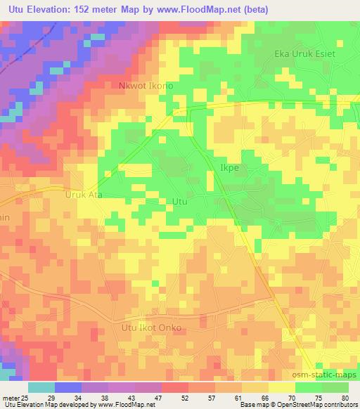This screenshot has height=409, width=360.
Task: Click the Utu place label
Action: (179, 201)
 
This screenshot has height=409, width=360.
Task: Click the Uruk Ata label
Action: (84, 195)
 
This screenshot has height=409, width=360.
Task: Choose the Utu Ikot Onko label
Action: (151, 327)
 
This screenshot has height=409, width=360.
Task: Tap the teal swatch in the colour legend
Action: (41, 387)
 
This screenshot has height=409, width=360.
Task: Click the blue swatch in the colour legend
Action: (68, 387)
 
